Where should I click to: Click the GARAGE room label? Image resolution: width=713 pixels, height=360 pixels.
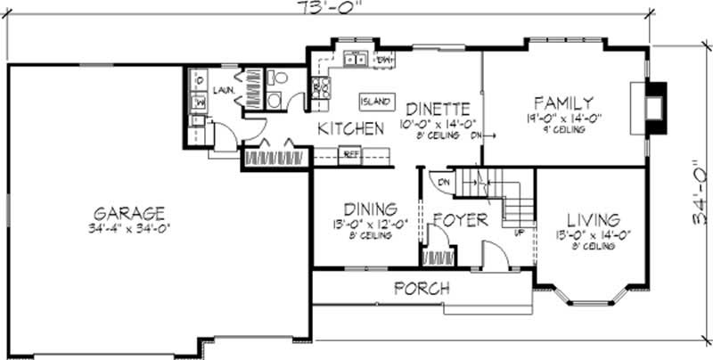click(x=130, y=213)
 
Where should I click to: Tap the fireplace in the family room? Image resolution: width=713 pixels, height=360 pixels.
click(x=654, y=108)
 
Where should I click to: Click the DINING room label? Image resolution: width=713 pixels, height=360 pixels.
click(x=361, y=208)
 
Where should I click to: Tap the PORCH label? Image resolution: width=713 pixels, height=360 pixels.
click(x=422, y=289)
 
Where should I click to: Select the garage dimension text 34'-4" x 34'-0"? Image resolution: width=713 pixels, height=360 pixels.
click(x=130, y=228)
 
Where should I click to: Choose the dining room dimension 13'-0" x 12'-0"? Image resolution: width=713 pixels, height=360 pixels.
click(x=361, y=224)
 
